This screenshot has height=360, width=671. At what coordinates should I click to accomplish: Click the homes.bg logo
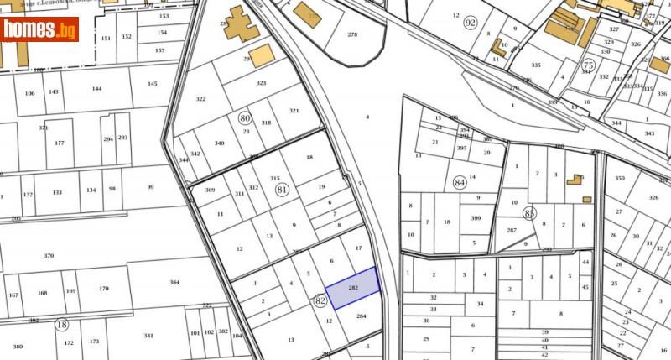coord(39,29)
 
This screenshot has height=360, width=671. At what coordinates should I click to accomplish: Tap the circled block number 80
coord(245,118)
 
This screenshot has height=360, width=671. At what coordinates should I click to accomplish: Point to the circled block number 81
coord(283,190)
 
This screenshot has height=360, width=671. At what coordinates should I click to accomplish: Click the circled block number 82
coord(320,300)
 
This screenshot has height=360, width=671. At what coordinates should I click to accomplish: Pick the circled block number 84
coord(459,182)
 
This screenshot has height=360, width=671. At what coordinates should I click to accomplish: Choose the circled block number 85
coord(529,213)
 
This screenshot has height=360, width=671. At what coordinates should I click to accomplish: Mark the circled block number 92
coord(493,23)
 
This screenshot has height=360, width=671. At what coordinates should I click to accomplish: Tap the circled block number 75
coord(589,65)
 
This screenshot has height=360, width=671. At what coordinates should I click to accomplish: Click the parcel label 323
coord(261,83)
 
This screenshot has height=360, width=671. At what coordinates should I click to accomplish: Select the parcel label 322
coord(200,99)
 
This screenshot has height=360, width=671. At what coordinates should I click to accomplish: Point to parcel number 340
coord(220,143)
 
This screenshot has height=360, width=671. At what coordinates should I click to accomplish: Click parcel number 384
coord(174,283)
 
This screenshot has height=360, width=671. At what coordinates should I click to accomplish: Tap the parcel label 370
coord(49,255)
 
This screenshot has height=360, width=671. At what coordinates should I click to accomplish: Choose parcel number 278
coord(351,34)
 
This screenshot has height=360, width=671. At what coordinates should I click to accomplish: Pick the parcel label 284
coord(362,316)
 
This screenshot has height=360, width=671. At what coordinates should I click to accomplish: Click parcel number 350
coord(620,179)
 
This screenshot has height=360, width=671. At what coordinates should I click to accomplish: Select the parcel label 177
coord(59,143)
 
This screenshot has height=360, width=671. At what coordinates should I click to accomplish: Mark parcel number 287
coord(511,230)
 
